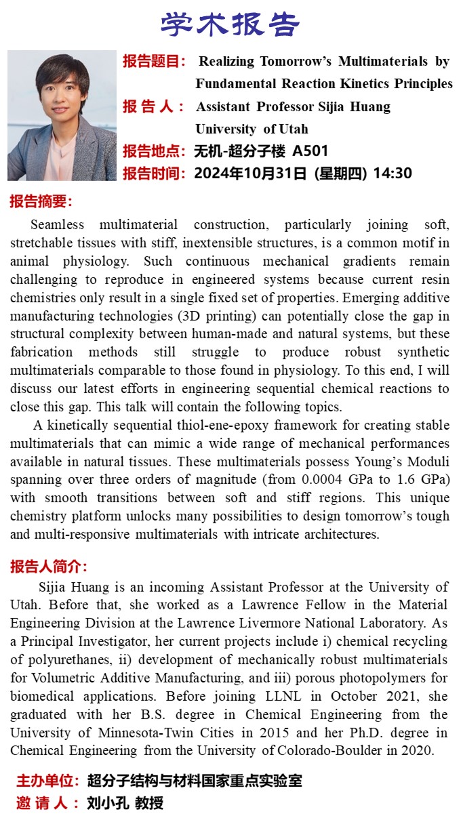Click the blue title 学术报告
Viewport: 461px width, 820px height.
point(230,25)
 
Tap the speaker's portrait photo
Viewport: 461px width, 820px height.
point(62,116)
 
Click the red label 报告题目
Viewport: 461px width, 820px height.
point(153,62)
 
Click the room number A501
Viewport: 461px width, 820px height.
point(310,151)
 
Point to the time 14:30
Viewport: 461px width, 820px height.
point(393,173)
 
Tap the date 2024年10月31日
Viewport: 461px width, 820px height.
point(250,173)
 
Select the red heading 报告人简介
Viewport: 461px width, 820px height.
point(48,567)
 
